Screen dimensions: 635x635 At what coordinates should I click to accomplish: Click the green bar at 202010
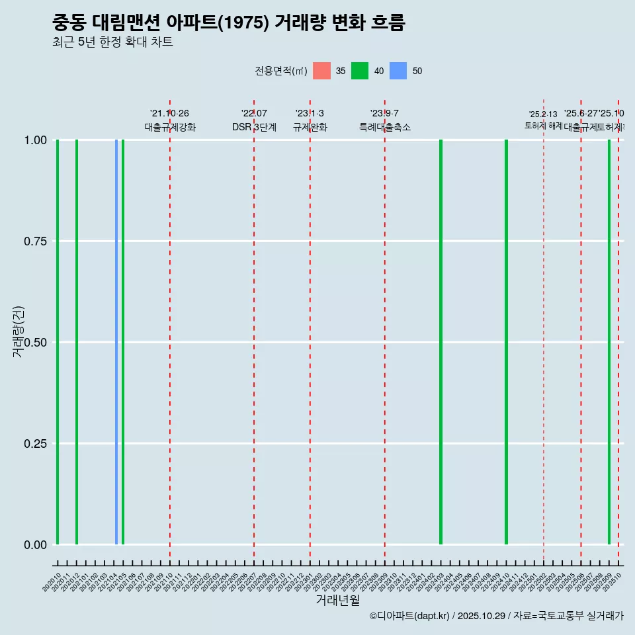pos(58,342)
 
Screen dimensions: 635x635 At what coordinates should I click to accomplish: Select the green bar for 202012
pos(77,342)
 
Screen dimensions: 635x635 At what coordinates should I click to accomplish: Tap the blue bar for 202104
pos(116,342)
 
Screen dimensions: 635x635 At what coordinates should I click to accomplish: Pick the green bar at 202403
pos(441,342)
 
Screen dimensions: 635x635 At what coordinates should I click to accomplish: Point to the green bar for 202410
pos(506,342)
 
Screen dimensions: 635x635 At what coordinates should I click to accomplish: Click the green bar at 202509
pos(609,342)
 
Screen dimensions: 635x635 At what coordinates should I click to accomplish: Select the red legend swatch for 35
pos(321,71)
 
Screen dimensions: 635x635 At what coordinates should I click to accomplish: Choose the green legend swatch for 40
pos(360,71)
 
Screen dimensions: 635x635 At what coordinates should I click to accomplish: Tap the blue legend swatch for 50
pos(398,71)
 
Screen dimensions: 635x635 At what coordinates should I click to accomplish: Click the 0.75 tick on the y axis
pos(35,241)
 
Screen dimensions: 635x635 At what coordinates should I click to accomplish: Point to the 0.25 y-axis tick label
pos(35,444)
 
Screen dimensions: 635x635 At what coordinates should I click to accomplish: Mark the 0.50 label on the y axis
pos(35,343)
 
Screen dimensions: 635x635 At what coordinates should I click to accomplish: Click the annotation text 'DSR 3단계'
pos(254,128)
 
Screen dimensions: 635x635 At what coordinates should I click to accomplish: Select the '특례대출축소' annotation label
pos(385,128)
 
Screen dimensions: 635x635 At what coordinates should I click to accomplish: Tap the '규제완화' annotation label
pos(310,128)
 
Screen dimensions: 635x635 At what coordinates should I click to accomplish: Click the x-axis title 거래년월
pos(337,601)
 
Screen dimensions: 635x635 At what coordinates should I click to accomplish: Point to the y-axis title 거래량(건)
pos(19,332)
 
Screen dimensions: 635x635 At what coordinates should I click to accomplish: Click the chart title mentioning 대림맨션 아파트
pos(228,22)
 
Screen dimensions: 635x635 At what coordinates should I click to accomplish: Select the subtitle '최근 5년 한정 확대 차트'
pos(112,42)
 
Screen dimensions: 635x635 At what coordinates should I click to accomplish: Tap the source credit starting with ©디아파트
pos(496,616)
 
